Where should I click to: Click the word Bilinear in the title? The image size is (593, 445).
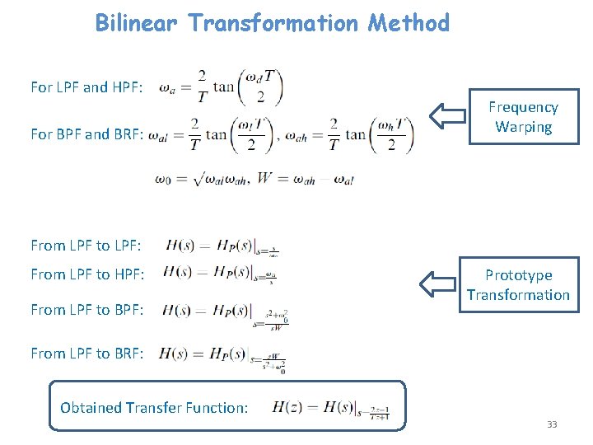point(136,22)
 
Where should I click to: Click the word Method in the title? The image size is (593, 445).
point(409,22)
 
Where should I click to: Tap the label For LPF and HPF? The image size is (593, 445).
point(86,87)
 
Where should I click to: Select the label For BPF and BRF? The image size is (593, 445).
point(87,133)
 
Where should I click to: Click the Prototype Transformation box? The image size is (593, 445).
point(519,285)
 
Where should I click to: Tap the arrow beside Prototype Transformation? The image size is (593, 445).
point(437,284)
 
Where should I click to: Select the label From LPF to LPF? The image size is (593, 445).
point(86,245)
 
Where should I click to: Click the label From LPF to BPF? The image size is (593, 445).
point(86,310)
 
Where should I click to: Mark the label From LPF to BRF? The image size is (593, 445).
point(86,353)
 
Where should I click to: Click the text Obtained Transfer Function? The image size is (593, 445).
point(154,407)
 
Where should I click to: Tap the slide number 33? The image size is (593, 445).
point(552,424)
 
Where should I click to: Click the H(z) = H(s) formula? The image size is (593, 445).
point(329,407)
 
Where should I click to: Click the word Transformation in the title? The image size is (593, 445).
point(273,22)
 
